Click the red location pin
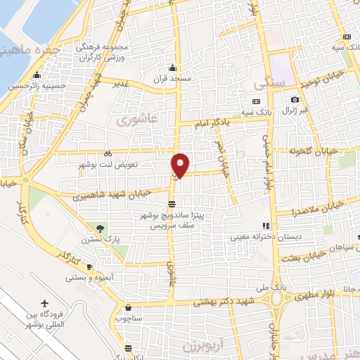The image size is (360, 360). [x=181, y=164]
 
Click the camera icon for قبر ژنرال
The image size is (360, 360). [x=295, y=100]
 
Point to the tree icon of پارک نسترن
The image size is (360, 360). [x=99, y=228]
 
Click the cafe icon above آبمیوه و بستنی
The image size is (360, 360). [x=89, y=266]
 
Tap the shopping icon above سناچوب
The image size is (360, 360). [x=128, y=307]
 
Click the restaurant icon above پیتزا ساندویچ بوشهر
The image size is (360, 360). [x=172, y=205]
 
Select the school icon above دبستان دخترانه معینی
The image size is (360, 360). [x=266, y=226]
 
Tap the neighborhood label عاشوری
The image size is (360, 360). [x=131, y=120]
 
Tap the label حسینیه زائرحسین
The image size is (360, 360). [x=32, y=86]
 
